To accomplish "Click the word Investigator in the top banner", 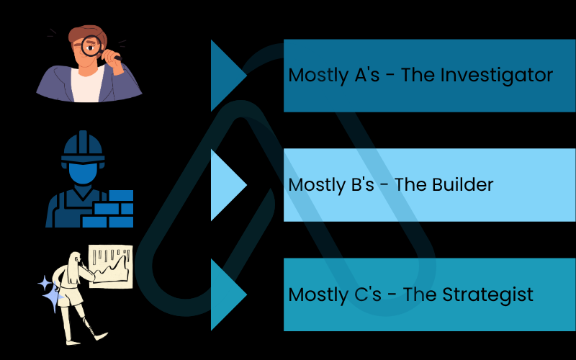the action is click(x=496, y=76).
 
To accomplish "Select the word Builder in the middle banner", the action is click(x=462, y=184).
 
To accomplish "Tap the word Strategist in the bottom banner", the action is click(x=487, y=295).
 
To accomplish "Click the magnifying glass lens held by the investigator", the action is click(x=91, y=45).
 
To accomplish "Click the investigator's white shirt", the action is click(x=87, y=84).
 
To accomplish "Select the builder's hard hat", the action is click(x=83, y=148).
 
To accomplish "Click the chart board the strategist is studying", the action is click(x=111, y=266).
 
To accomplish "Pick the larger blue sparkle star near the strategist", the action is click(x=53, y=297).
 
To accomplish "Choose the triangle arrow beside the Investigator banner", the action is click(x=228, y=76).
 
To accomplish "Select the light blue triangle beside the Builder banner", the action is click(x=228, y=185).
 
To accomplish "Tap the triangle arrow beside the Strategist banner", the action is click(x=228, y=294).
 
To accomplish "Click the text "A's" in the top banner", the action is click(x=366, y=75).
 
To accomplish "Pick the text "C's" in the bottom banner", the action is click(x=366, y=294).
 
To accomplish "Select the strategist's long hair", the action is click(x=74, y=268).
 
